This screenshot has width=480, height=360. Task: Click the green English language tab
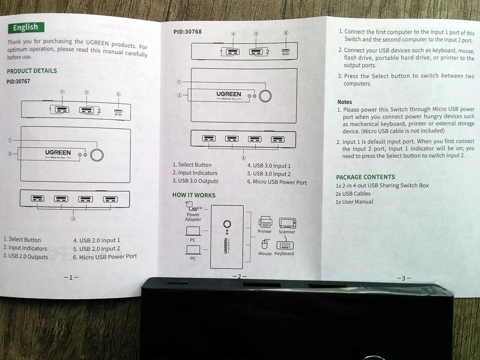click(x=26, y=28)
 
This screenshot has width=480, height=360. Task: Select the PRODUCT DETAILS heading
click(x=32, y=71)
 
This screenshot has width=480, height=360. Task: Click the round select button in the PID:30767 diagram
click(x=97, y=155)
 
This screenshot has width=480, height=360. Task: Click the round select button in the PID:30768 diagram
click(x=265, y=96)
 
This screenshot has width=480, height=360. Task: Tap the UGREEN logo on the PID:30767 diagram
click(x=58, y=153)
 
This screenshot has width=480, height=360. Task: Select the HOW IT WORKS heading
click(x=194, y=195)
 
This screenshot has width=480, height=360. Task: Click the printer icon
click(x=265, y=222)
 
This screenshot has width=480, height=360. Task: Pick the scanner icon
click(x=287, y=223)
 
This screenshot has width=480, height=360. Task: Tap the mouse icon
click(x=265, y=244)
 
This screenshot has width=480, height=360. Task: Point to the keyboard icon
click(x=284, y=245)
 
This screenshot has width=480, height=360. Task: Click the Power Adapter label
click(x=193, y=217)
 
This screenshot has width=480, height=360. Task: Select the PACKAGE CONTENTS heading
click(x=365, y=177)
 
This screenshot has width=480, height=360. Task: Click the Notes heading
click(x=345, y=102)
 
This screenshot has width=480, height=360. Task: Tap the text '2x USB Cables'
click(x=353, y=193)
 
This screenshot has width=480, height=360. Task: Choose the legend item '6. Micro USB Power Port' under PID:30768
click(x=277, y=182)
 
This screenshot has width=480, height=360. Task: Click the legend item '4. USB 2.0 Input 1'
click(x=97, y=240)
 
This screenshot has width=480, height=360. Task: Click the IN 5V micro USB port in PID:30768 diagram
click(x=286, y=51)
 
